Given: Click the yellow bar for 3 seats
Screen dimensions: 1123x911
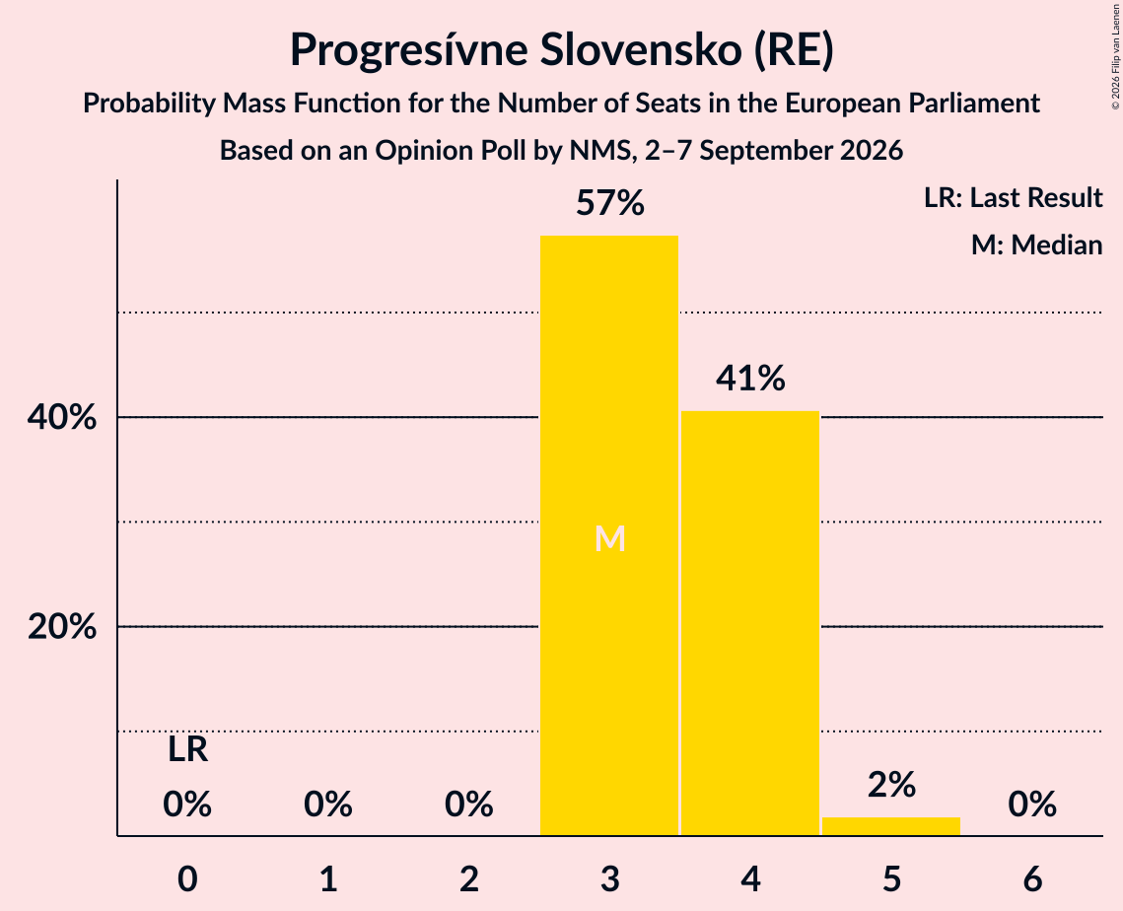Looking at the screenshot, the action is coord(608,535).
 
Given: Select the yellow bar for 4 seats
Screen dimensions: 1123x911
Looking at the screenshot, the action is coord(750,623).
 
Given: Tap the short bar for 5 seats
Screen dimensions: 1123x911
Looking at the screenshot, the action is coord(891,826).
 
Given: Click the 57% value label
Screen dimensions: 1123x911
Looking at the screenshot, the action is coord(610,203).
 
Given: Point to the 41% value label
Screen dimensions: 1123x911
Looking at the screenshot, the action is coord(750,378).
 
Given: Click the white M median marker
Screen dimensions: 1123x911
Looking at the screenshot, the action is coord(610,538).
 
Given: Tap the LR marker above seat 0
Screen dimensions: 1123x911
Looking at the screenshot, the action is coord(187,750).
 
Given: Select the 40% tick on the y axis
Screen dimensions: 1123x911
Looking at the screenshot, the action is coord(61,417).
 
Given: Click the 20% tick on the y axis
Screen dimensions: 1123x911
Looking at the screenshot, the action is coord(61,627).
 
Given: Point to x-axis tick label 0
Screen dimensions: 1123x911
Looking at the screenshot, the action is coord(187,878).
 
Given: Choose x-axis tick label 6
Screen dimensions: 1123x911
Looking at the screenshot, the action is coord(1032,878).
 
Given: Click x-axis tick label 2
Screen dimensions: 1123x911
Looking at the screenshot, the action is coord(469,878).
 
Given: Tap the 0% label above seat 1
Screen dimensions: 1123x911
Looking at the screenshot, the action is coord(328,804).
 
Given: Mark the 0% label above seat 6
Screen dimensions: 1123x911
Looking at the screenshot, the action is coord(1032,804).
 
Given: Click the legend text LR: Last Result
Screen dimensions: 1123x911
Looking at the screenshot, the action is coord(1013,197).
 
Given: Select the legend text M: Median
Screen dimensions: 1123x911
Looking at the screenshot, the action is coord(1036,245).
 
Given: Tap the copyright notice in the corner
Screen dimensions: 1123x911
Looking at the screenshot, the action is coord(1115,56).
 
